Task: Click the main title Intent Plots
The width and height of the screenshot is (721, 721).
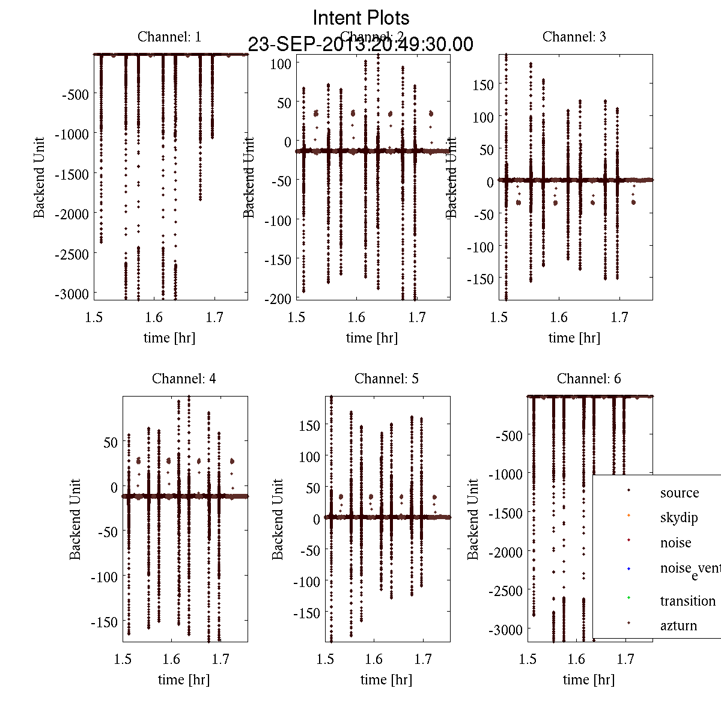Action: click(361, 18)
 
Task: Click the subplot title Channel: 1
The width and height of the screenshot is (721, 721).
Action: click(169, 37)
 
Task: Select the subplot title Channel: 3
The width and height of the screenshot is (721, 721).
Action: click(574, 37)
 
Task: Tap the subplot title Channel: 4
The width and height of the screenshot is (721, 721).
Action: click(184, 379)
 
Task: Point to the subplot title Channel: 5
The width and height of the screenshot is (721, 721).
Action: click(386, 379)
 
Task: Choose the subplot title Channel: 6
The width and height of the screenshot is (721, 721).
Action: click(589, 379)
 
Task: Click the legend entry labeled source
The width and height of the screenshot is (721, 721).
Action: click(679, 493)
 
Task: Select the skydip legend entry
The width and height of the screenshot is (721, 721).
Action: click(679, 517)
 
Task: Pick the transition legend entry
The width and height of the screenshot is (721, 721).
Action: click(687, 601)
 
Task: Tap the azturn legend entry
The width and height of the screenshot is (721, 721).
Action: click(678, 625)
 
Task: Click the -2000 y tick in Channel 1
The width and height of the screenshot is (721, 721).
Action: click(71, 214)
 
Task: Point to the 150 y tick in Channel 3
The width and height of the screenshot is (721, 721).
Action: click(482, 85)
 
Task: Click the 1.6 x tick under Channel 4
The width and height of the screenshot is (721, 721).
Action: click(171, 659)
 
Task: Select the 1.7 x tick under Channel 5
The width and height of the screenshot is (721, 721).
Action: click(423, 659)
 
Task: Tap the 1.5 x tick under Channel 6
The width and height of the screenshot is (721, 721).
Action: click(528, 659)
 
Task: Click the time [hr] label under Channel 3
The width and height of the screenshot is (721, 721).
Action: click(574, 338)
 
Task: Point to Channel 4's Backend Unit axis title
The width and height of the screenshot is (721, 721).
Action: click(75, 519)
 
